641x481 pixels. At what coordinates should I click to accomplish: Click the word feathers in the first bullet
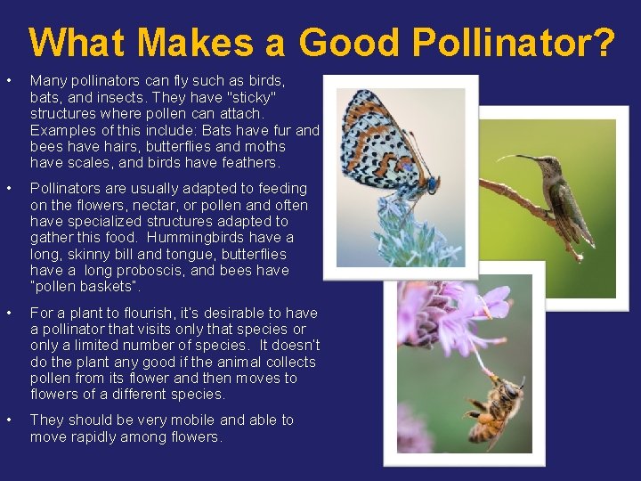249,162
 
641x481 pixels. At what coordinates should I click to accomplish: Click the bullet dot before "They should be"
9,420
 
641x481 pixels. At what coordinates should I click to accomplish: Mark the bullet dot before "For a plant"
9,313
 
